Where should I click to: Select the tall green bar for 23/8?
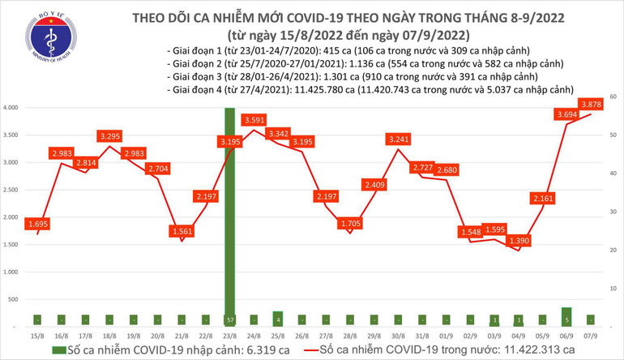pos(230,211)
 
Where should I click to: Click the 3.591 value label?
pos(255,120)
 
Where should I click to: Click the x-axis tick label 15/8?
pos(37,335)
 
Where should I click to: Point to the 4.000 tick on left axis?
pos(11,108)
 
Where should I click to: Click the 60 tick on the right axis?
pos(613,96)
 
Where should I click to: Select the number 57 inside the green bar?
pos(230,319)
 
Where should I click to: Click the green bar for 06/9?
pos(566,316)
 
